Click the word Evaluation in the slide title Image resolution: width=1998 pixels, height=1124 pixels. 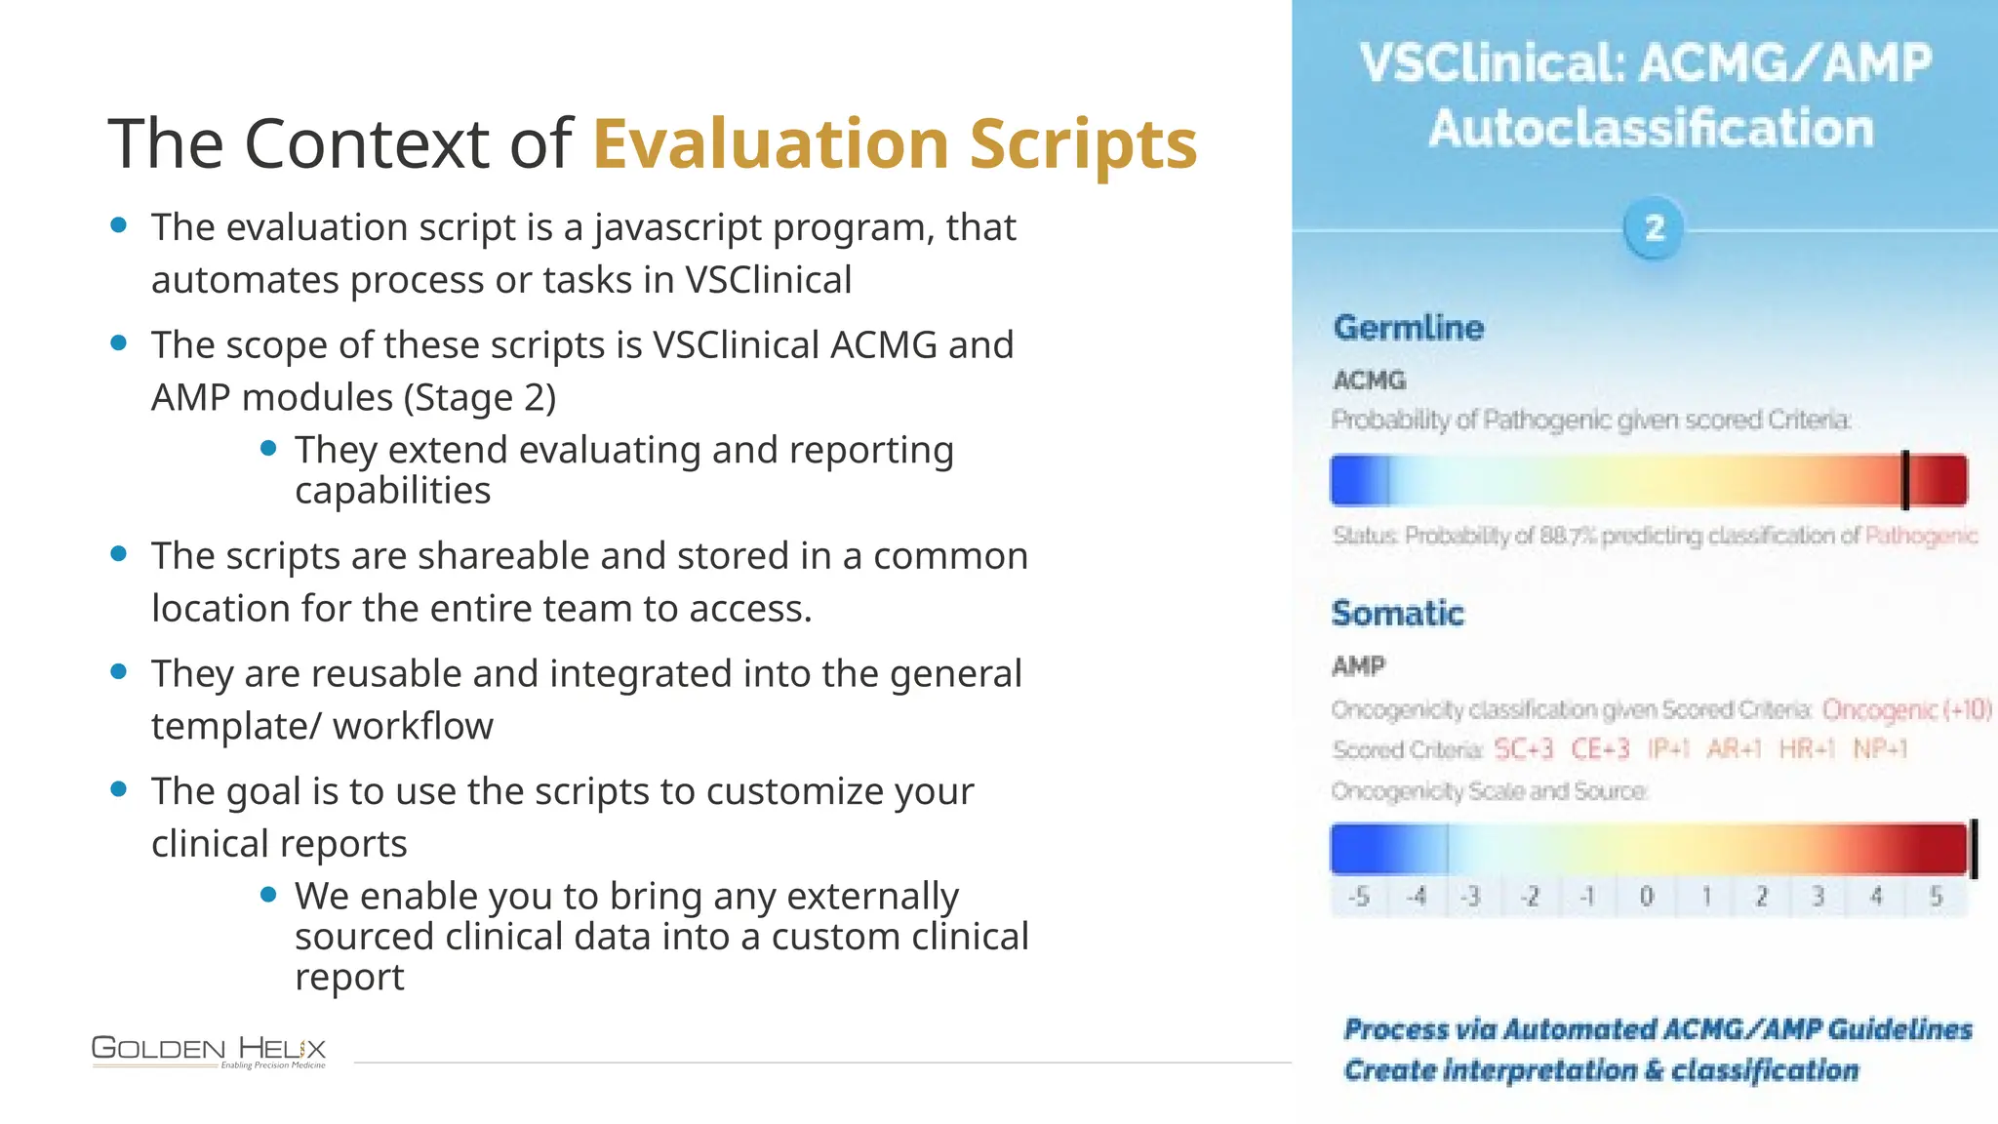(771, 144)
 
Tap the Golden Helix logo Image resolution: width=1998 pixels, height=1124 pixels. (209, 1051)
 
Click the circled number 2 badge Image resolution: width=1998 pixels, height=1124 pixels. (1654, 228)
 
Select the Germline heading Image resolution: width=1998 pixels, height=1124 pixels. (1408, 328)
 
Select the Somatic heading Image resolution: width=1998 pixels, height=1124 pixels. (1397, 614)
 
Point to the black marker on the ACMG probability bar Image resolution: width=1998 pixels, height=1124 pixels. (1904, 480)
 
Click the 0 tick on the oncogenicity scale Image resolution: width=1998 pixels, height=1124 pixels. (1647, 896)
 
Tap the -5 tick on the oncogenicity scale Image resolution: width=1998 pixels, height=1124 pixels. (1359, 896)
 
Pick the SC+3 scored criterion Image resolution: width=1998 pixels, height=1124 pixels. (1523, 749)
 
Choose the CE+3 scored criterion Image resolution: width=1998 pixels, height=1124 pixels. (1600, 749)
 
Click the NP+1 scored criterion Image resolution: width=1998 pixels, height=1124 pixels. (1880, 749)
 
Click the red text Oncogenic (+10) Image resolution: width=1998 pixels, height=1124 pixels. (1906, 709)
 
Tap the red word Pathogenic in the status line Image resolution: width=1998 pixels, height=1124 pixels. (1920, 536)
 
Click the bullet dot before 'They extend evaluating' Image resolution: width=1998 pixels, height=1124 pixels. (269, 449)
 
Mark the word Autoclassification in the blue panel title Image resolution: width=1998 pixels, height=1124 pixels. (1651, 129)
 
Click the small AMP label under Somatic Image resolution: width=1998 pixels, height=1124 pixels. (1358, 666)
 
